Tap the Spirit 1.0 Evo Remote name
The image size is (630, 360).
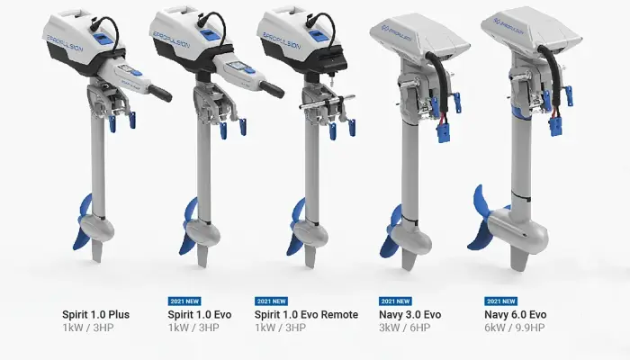pos(306,314)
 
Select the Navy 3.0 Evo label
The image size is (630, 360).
pos(410,314)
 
